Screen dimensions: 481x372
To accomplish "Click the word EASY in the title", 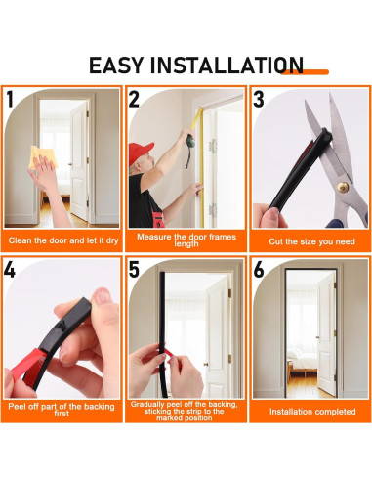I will (x=118, y=66).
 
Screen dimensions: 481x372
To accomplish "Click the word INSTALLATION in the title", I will (x=227, y=66).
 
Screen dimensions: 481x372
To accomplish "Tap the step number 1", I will (x=11, y=99).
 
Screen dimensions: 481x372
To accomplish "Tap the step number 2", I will (x=135, y=99).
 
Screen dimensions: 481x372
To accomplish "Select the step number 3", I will (x=259, y=99).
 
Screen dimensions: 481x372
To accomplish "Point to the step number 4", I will (x=11, y=270).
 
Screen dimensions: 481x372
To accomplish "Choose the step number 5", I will (x=135, y=270).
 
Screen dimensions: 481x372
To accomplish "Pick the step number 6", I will (x=259, y=270).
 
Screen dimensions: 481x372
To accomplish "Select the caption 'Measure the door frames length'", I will (x=186, y=240).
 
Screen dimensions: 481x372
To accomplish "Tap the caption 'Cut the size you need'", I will (x=310, y=240).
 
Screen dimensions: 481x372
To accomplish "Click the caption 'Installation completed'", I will (x=310, y=412).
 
